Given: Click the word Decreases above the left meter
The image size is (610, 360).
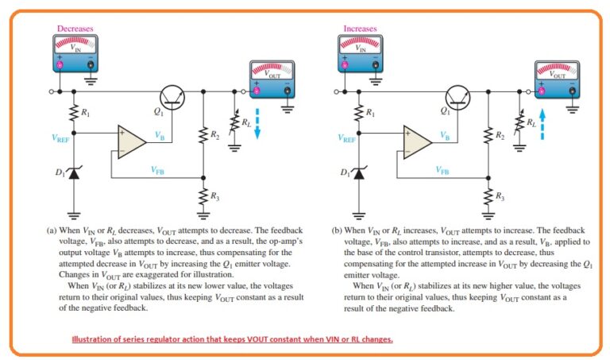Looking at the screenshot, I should point(74,29).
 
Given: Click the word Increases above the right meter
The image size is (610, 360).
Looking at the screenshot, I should point(360,29).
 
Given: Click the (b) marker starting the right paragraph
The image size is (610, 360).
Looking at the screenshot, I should point(337,231).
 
